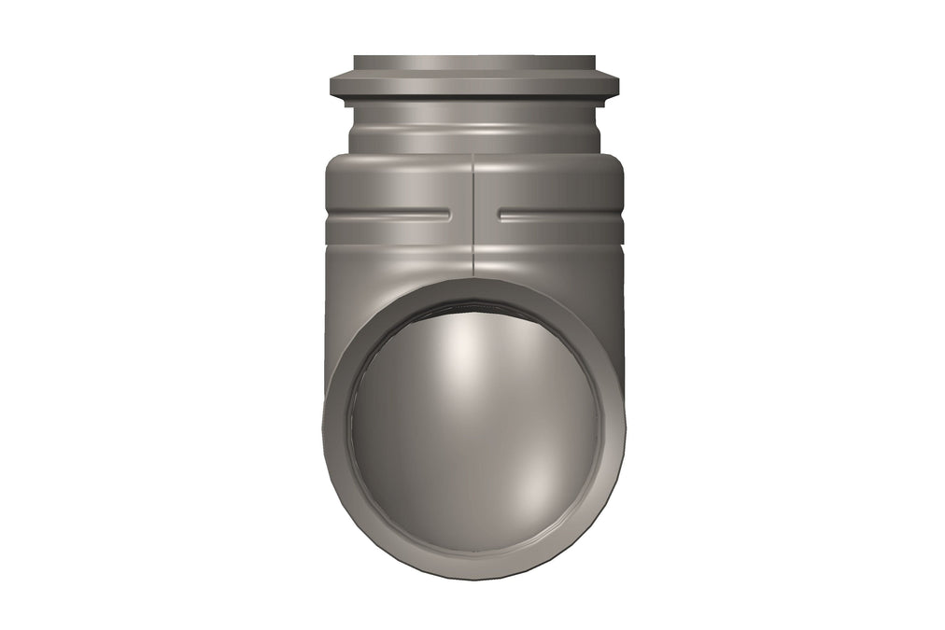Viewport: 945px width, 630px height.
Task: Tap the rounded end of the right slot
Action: pos(501,216)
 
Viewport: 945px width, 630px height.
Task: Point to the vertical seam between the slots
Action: pos(473,215)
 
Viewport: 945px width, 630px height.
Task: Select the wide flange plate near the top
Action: pos(473,87)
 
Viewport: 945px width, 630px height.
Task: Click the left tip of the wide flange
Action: pos(332,87)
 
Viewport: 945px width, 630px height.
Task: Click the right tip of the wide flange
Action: pos(616,87)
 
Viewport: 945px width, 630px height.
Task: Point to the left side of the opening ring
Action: pos(335,429)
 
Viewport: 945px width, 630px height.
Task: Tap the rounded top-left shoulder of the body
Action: pos(336,168)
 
